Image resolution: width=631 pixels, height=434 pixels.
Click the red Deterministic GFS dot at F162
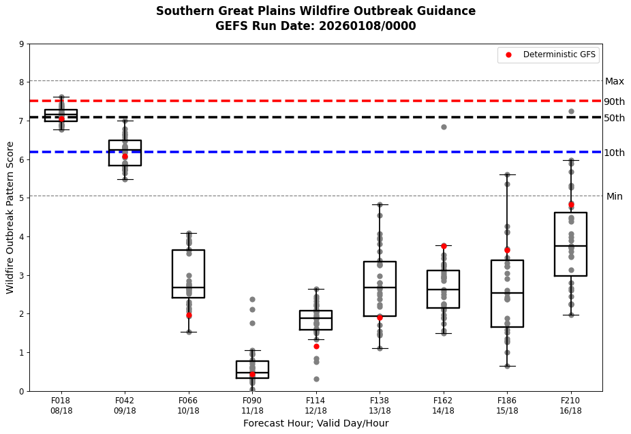click(444, 246)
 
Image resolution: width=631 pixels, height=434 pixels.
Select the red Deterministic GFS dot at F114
click(316, 346)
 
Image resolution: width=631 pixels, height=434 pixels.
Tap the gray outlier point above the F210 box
click(571, 111)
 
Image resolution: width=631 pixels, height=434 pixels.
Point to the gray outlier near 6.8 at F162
click(444, 127)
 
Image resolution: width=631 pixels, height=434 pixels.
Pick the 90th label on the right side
click(614, 102)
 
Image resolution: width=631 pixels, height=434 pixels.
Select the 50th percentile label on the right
click(614, 118)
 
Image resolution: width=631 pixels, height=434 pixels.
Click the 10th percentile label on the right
click(614, 153)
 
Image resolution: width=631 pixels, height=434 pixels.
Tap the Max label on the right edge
click(614, 81)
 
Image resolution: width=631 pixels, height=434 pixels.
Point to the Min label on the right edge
click(614, 196)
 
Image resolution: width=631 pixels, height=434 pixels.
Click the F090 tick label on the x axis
click(252, 401)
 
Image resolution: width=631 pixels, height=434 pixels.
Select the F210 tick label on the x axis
click(571, 401)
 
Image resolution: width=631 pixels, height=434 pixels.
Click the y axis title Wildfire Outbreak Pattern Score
click(10, 217)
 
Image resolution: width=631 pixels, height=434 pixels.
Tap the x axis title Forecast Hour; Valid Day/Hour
click(315, 423)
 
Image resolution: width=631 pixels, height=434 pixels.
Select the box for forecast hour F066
click(189, 274)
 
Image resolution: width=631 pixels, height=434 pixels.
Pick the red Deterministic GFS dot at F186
click(507, 250)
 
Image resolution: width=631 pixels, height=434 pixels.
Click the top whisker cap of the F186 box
click(507, 174)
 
